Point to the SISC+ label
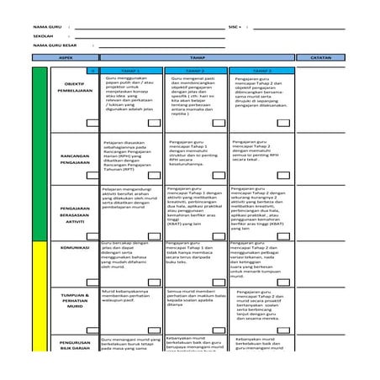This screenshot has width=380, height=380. pyautogui.click(x=235, y=28)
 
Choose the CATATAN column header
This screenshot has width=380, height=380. pyautogui.click(x=320, y=57)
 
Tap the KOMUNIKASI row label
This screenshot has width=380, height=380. pyautogui.click(x=74, y=249)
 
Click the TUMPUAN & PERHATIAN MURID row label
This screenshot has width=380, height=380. pyautogui.click(x=74, y=299)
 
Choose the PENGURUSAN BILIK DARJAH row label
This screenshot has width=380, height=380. pyautogui.click(x=74, y=347)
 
